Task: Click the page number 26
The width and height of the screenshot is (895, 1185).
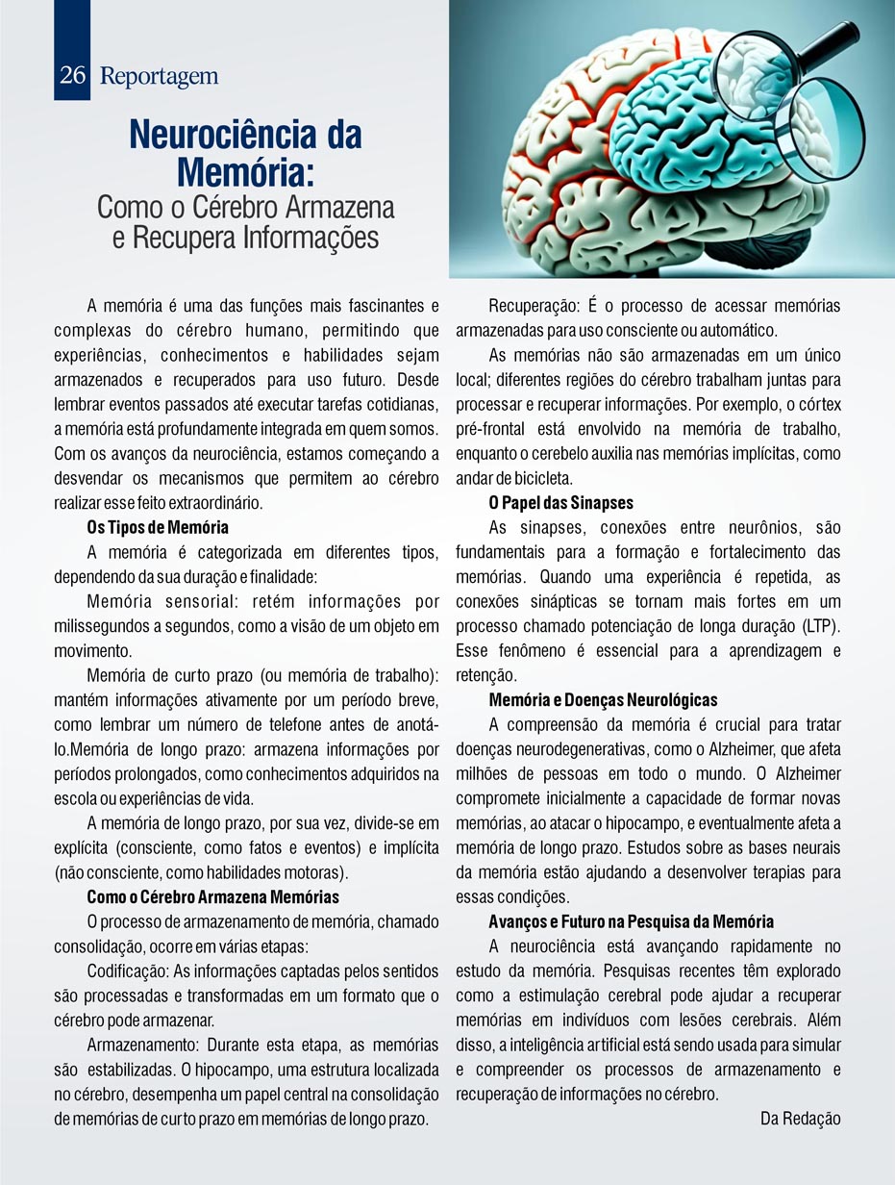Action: (x=72, y=76)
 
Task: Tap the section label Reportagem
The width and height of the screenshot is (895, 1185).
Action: (x=159, y=77)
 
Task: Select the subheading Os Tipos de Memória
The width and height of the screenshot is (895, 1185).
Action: (x=158, y=527)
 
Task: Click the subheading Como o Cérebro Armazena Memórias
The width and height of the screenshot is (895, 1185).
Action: (x=212, y=897)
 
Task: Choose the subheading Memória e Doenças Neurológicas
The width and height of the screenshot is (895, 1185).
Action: (x=603, y=699)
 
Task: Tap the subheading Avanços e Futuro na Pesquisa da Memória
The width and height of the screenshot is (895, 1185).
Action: (x=631, y=921)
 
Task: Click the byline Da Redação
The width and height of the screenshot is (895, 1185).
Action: (x=800, y=1118)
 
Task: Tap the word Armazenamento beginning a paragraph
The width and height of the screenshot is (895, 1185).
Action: (x=144, y=1045)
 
